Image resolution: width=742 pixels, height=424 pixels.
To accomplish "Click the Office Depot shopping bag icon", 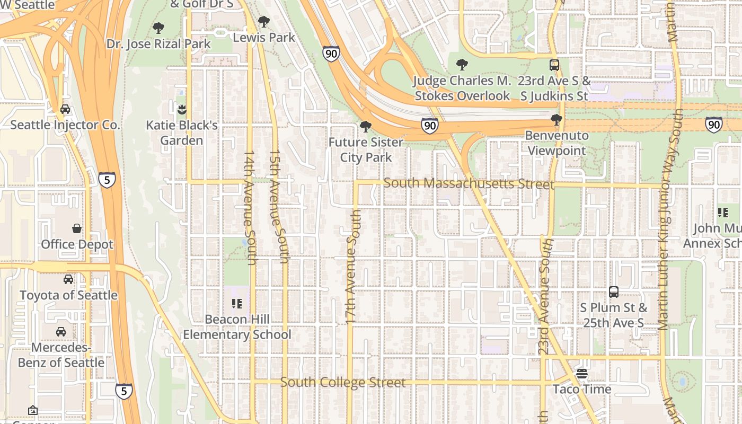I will coord(77,228).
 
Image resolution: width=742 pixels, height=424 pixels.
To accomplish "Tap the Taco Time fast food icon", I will coord(582,374).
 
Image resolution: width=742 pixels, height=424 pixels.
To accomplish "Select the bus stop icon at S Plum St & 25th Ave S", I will coord(613,291).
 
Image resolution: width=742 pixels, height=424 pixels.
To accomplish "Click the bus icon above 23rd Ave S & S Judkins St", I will coord(554,65).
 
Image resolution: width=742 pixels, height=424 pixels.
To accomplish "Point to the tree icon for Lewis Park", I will coord(263,22).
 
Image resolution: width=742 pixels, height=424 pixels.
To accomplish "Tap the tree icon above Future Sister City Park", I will coord(365,126).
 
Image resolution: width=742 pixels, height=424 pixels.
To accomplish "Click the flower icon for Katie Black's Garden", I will coord(182,110).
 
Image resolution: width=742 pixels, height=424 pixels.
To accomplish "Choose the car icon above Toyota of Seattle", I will coord(68,279).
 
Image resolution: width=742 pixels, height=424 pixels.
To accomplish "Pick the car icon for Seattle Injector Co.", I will coord(65,109).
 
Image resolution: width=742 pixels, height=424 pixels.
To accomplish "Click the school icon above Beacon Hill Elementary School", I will coord(236,304).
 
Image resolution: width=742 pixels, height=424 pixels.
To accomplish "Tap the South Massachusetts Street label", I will coord(469,183).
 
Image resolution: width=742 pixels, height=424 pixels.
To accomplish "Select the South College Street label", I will coord(342,382).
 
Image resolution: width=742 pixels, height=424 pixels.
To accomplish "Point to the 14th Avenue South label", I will coord(250,207).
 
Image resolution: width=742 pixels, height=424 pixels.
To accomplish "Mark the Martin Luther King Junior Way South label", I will coord(670,220).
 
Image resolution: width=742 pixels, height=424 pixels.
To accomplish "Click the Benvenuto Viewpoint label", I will coord(556,143).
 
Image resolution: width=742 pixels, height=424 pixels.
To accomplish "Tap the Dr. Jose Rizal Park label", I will coord(158,43).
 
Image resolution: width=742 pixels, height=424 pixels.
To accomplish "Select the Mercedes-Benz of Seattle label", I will coord(61,355).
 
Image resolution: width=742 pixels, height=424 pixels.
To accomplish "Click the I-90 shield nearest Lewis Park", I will coord(331,53).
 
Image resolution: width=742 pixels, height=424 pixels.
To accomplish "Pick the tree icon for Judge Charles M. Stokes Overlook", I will coord(462,65).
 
